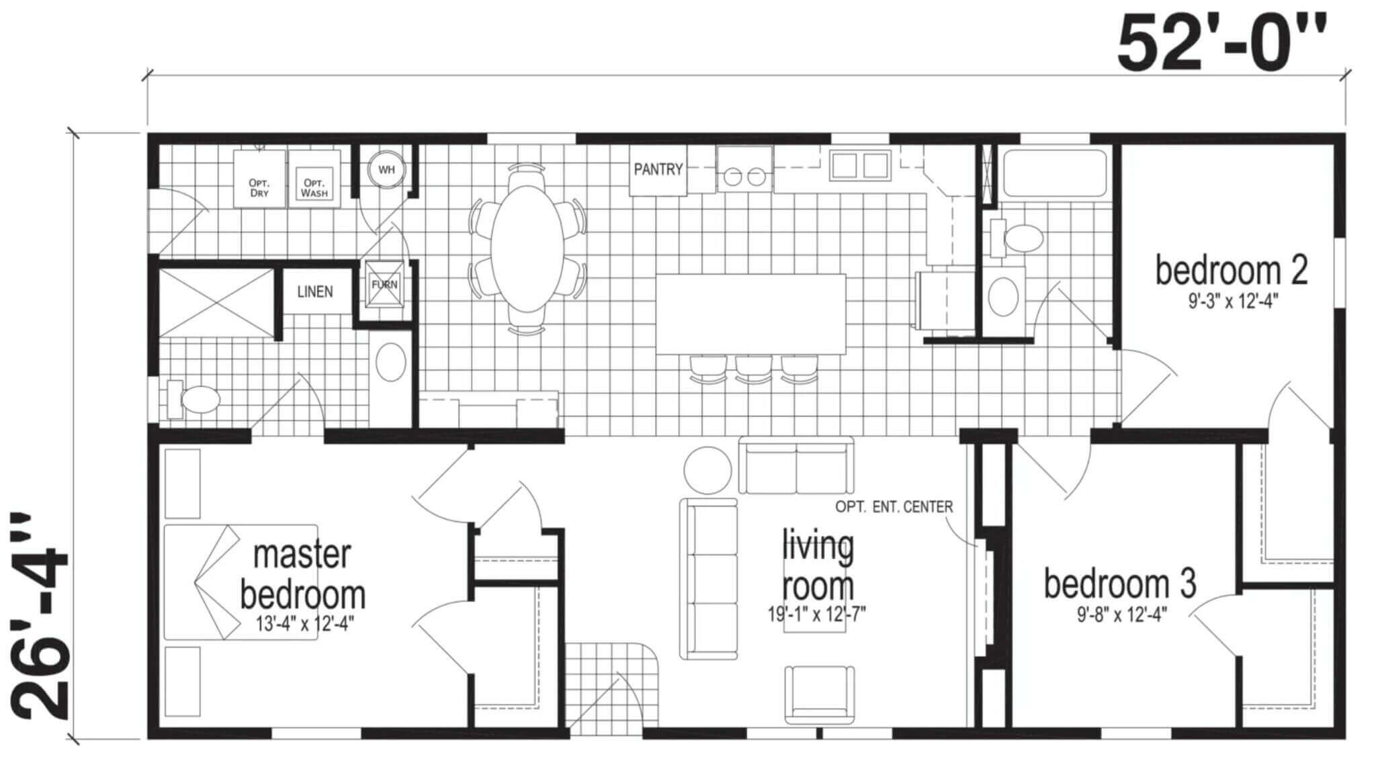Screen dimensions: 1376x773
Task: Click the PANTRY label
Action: (658, 169)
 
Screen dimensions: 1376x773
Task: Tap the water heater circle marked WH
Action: (386, 170)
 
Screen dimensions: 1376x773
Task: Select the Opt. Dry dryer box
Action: (259, 179)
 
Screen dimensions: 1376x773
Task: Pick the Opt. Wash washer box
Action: (314, 179)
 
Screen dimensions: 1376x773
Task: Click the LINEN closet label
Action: (315, 292)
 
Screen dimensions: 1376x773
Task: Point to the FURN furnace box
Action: (384, 285)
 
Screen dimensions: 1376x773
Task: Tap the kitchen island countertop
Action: (750, 314)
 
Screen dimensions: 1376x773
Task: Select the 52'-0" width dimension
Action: (1221, 44)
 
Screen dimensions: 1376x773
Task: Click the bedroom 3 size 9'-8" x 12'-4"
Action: (1121, 615)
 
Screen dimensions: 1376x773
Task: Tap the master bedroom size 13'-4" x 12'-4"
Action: (305, 624)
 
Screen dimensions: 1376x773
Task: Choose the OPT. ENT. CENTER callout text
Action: (894, 506)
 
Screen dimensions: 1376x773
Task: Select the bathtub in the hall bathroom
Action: (1053, 173)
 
